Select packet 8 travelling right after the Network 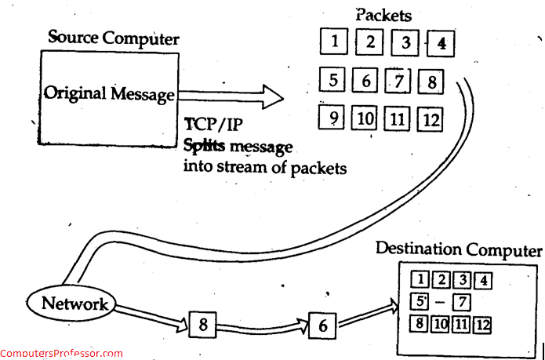tap(202, 324)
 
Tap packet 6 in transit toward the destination tap(322, 324)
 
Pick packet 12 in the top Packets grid tap(431, 119)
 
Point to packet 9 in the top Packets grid tap(333, 119)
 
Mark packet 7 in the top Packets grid tap(398, 80)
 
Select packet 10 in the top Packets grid tap(365, 119)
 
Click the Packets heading tap(383, 14)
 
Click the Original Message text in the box tap(109, 95)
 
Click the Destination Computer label tap(459, 249)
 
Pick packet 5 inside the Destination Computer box tap(420, 301)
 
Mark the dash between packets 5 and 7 tap(441, 302)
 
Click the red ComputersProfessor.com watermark tap(61, 354)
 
